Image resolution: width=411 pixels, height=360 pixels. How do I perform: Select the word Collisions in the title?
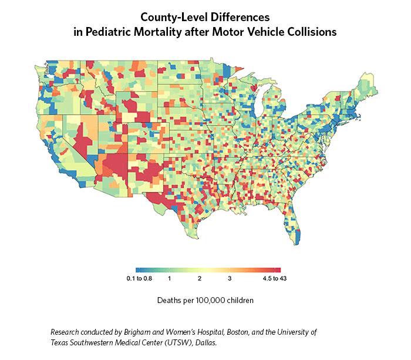[312, 33]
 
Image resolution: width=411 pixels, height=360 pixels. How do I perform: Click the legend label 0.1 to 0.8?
[140, 278]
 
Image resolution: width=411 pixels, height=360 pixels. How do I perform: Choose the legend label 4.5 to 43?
[274, 278]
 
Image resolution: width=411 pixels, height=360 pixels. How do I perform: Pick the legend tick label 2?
[200, 278]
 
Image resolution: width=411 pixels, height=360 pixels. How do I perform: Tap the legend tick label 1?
[169, 278]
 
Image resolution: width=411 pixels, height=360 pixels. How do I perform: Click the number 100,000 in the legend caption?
[212, 300]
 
